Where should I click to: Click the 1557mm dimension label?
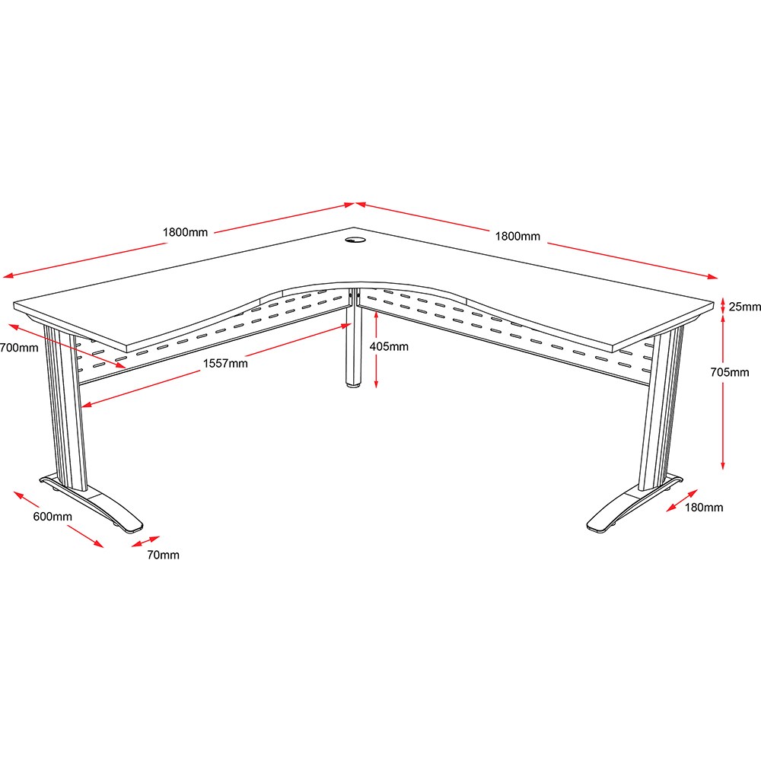(225, 363)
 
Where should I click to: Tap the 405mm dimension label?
(389, 346)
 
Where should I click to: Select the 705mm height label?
(730, 372)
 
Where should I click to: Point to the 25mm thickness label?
(744, 307)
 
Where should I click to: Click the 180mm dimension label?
(704, 507)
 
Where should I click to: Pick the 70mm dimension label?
(163, 555)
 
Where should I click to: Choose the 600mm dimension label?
(53, 517)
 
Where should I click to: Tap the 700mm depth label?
(19, 348)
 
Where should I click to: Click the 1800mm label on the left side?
(185, 232)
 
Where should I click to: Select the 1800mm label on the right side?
(517, 237)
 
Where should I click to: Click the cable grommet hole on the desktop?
(355, 240)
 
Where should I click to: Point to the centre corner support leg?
(354, 339)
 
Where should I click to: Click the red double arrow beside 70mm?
(145, 542)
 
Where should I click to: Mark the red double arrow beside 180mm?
(682, 501)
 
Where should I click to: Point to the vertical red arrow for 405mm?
(376, 349)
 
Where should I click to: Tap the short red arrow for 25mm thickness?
(723, 306)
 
